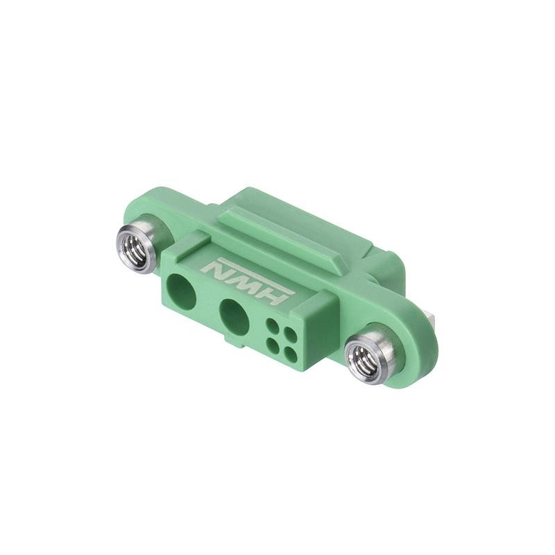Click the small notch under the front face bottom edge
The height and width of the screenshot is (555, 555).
(x=228, y=342)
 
